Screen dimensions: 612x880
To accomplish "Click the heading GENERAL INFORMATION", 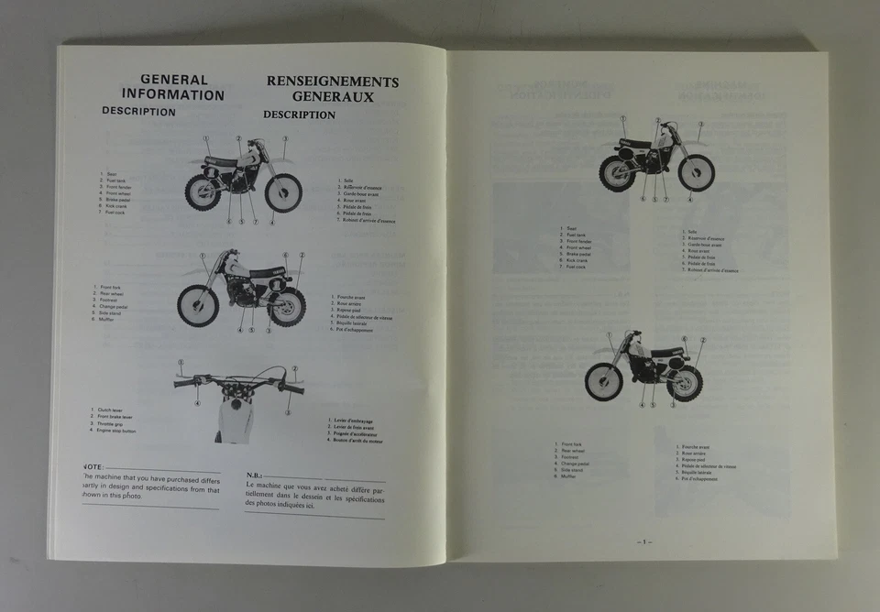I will click(173, 87).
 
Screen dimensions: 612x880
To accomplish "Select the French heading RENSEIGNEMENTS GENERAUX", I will click(332, 88).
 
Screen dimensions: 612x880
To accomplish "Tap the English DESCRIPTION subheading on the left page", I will click(138, 112).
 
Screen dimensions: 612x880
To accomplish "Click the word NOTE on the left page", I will click(93, 467).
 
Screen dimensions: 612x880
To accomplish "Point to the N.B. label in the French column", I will click(255, 475).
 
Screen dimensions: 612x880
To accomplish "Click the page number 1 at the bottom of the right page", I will click(644, 541).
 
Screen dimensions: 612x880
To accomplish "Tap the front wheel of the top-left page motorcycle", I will click(283, 192).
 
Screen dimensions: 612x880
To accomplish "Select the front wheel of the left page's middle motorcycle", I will click(197, 306).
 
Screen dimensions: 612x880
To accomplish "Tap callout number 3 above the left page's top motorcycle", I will click(284, 138).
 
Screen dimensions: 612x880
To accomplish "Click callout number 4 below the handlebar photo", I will click(197, 403).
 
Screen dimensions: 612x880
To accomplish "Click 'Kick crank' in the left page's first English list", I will click(117, 206).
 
